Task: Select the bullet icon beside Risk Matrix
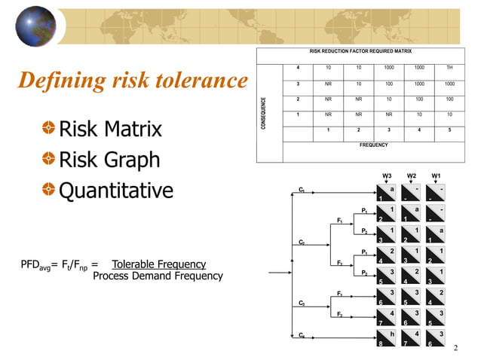48,130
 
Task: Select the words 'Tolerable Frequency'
158,264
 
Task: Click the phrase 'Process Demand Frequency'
158,276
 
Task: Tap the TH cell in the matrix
449,68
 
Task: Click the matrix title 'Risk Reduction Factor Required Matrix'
358,52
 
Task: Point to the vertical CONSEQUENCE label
264,113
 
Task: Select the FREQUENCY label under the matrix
373,144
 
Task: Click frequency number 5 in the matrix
449,130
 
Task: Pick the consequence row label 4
299,68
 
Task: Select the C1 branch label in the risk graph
302,190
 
